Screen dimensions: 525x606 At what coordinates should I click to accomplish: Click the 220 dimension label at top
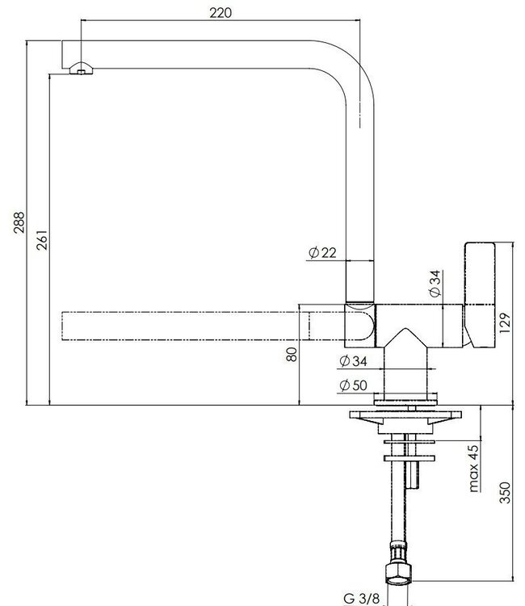click(220, 12)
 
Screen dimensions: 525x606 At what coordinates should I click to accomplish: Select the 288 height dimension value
click(19, 222)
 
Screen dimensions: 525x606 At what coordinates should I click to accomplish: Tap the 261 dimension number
click(42, 240)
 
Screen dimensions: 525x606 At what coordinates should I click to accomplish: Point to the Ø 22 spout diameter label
click(322, 253)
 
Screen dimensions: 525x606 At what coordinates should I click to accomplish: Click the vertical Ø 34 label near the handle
click(435, 284)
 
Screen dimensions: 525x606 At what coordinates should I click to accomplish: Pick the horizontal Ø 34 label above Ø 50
click(353, 361)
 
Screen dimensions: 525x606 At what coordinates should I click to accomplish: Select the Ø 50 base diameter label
click(353, 385)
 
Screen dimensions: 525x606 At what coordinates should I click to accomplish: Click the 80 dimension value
click(292, 355)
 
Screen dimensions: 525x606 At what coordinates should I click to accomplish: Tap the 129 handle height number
click(505, 323)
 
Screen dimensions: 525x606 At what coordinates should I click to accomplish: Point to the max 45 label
click(473, 469)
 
